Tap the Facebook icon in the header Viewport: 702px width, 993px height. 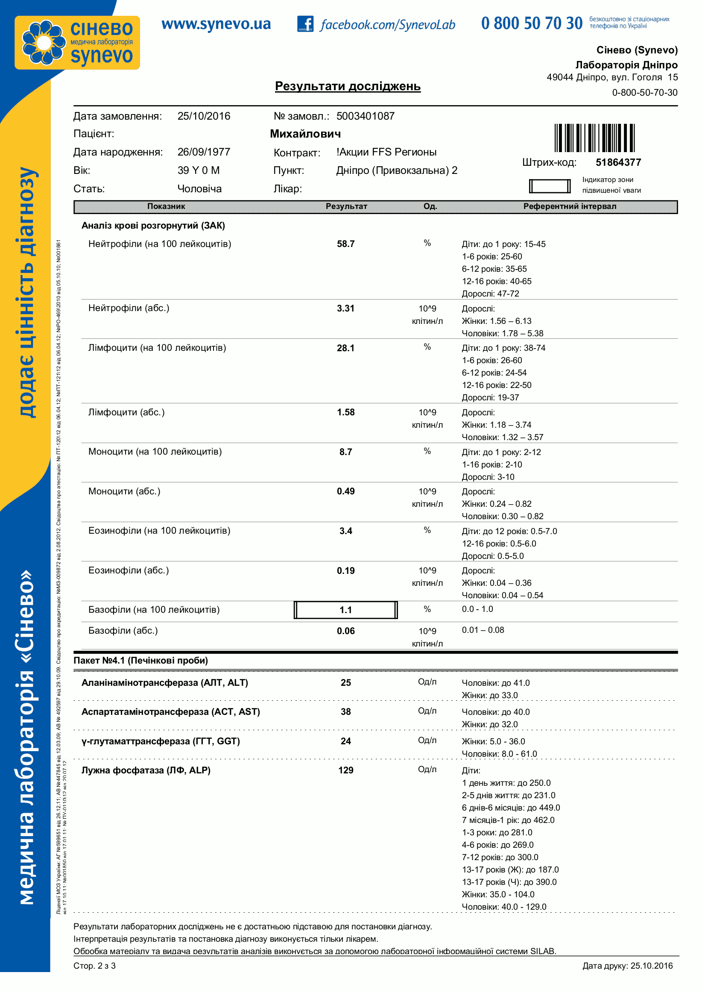click(x=305, y=24)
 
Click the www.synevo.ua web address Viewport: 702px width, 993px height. click(x=216, y=24)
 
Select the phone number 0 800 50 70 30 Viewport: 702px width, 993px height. click(x=532, y=24)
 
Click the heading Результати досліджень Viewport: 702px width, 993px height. click(x=348, y=86)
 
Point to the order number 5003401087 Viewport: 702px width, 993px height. click(x=365, y=116)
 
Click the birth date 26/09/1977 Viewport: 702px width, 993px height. click(x=204, y=152)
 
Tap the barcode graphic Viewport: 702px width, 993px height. click(x=594, y=138)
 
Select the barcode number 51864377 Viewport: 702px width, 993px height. click(x=618, y=163)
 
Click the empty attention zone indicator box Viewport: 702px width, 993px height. click(x=550, y=186)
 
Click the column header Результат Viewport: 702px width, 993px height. click(x=346, y=206)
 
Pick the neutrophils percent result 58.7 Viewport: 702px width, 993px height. click(x=345, y=244)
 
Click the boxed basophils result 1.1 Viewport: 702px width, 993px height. click(x=345, y=610)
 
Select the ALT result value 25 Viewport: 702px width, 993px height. click(x=345, y=682)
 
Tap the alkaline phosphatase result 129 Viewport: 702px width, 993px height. click(x=345, y=770)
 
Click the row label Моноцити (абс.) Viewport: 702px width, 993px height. click(x=124, y=491)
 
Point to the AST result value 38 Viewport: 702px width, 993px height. click(x=345, y=712)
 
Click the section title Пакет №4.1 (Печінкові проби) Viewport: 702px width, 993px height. click(x=140, y=661)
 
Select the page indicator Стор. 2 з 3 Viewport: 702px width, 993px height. click(x=94, y=966)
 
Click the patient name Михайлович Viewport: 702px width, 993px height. click(x=305, y=134)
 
